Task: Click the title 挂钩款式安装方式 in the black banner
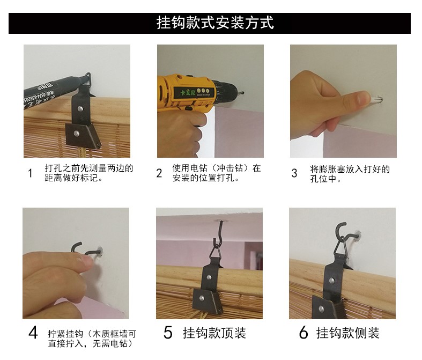coord(215,23)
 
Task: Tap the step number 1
coord(30,173)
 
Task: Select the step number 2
coord(159,173)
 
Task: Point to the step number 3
coord(294,173)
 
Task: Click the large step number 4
coord(33,333)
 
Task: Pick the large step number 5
coord(168,333)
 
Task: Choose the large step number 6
coord(303,333)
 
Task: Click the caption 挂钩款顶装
coord(214,333)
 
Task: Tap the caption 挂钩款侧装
coord(347,333)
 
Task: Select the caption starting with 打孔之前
coord(89,173)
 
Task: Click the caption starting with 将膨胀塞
coord(350,174)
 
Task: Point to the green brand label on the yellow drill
coord(188,93)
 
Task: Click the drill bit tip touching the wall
coord(243,93)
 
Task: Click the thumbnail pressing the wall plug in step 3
coord(364,98)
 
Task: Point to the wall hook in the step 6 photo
coord(347,233)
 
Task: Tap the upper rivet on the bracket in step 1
coord(80,108)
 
